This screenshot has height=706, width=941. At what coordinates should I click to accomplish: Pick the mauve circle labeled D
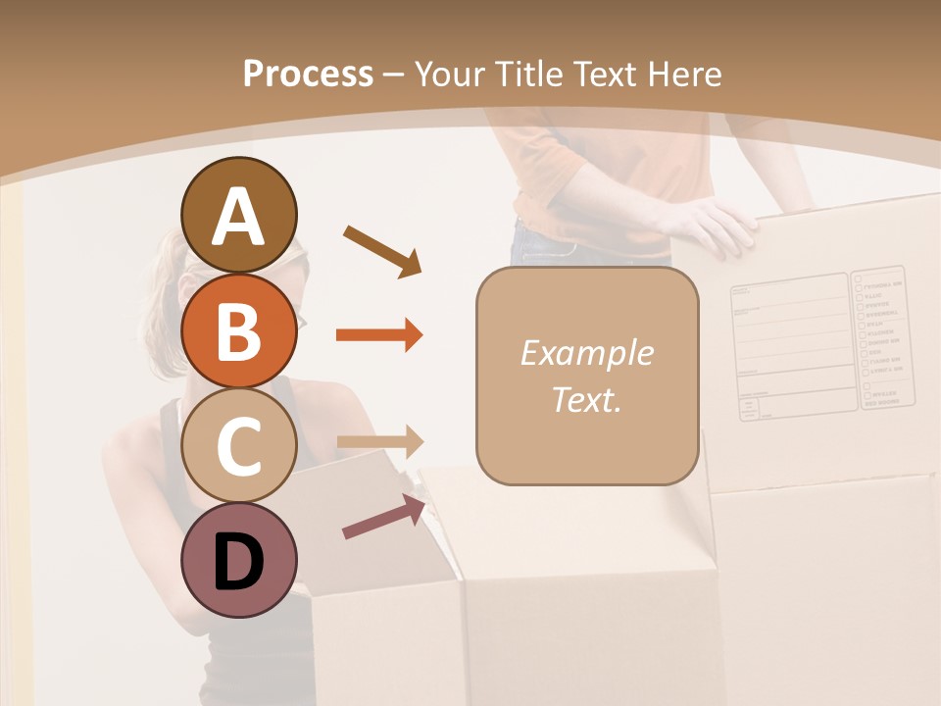click(238, 560)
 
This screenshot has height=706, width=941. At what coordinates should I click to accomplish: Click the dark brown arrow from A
click(381, 250)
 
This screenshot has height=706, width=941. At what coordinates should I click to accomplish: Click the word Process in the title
click(308, 75)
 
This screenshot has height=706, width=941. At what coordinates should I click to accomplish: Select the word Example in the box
click(586, 353)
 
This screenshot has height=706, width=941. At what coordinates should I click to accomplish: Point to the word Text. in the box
click(586, 399)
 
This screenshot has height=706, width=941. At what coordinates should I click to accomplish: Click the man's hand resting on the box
click(711, 226)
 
